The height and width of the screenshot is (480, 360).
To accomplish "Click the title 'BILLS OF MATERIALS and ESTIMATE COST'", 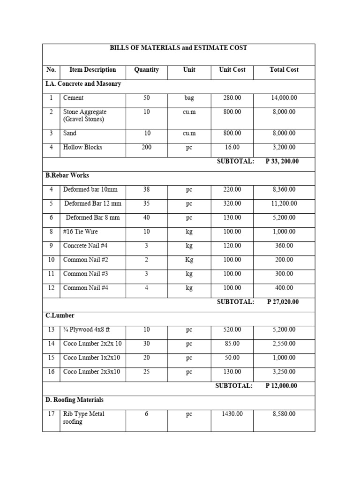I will (178, 48).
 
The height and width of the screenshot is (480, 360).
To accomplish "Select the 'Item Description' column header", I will (92, 70).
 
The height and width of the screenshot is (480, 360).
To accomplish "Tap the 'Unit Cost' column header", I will (232, 70).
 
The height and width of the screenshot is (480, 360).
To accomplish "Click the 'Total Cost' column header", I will (284, 70).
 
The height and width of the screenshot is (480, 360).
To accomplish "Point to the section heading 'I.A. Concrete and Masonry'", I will (83, 84).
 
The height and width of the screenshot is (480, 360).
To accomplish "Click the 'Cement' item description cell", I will (74, 98).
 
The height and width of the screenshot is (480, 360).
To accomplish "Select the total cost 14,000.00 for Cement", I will (284, 98).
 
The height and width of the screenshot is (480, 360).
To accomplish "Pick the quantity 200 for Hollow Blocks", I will (146, 147).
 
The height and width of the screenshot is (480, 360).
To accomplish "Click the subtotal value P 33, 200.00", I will (283, 161).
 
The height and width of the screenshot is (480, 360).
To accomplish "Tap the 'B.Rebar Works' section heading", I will (67, 175).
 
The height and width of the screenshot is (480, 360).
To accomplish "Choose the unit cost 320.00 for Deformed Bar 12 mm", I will (232, 203).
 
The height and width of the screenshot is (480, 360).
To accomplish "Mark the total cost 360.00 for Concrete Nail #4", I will (284, 246).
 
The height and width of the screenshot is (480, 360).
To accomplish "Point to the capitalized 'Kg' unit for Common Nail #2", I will (189, 260).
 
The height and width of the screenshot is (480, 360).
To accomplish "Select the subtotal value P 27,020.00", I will (283, 302).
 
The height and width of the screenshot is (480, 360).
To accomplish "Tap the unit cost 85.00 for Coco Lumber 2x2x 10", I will (232, 344).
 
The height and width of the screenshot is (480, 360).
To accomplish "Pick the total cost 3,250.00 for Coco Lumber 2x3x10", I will (284, 372).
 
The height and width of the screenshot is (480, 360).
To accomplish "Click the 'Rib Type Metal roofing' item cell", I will (83, 418).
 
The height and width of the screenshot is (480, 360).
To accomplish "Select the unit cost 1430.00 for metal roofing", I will (232, 414).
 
